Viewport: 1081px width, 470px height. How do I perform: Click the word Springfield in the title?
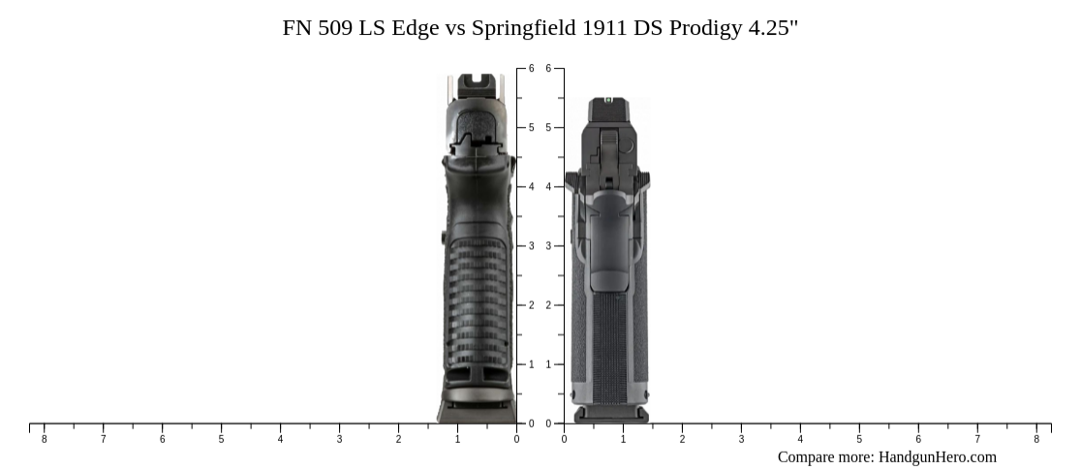(523, 27)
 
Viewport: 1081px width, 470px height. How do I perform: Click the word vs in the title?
(455, 27)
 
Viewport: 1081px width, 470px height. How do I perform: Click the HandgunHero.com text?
(937, 456)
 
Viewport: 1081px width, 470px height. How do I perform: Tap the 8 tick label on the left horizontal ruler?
(44, 439)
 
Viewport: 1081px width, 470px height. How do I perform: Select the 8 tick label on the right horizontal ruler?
(1036, 439)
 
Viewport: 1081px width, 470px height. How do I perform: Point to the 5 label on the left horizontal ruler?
(221, 439)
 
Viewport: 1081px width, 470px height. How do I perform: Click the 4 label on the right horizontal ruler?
(800, 439)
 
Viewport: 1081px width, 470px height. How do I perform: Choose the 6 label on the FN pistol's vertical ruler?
(531, 69)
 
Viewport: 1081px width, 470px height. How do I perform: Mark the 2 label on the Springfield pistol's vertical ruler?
(548, 305)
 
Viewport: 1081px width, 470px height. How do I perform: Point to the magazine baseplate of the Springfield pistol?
(610, 415)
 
